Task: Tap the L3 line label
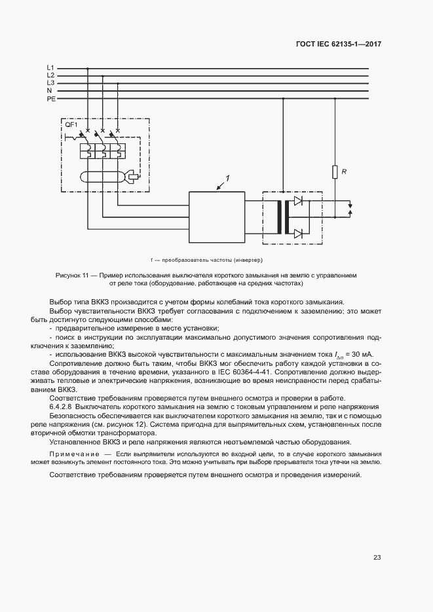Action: pos(50,83)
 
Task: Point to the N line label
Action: pos(49,91)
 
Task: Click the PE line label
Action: pos(51,99)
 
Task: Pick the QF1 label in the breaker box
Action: pos(70,124)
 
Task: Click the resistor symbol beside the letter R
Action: pos(335,172)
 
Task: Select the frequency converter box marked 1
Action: pos(217,216)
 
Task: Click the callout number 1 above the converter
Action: pos(227,178)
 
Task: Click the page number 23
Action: pos(377,558)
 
